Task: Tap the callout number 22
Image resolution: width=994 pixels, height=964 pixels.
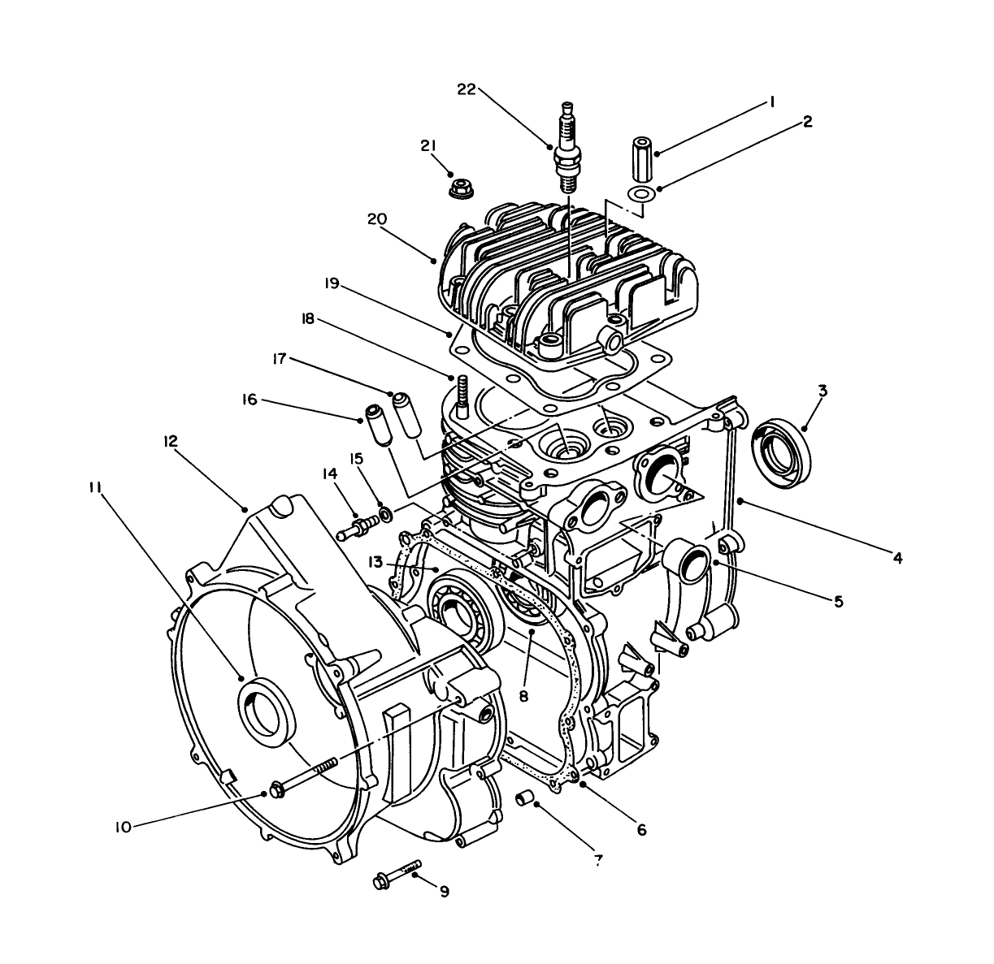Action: click(x=466, y=90)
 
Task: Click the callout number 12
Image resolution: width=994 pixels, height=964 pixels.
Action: click(x=169, y=441)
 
